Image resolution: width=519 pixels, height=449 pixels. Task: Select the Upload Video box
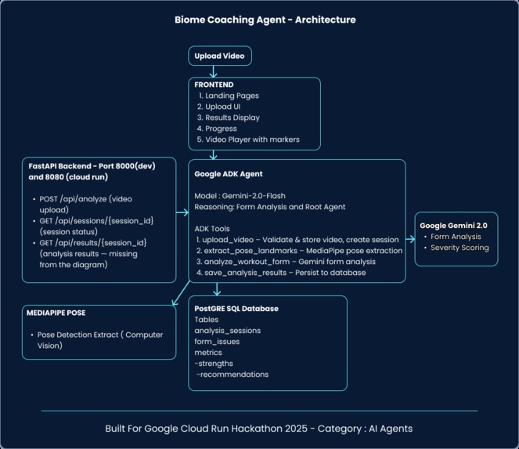220,56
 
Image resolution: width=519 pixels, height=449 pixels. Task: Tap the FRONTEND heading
214,85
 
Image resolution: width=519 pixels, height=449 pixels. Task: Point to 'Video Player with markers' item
252,139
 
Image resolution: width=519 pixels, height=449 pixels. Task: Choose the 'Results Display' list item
232,118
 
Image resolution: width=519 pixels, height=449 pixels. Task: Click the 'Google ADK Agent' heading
229,174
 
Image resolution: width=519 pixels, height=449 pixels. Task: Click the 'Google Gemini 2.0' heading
456,225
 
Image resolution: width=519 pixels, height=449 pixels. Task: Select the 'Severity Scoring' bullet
460,248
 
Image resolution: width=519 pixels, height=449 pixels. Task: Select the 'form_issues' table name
218,342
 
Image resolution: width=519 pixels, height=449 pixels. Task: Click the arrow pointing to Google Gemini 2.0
410,237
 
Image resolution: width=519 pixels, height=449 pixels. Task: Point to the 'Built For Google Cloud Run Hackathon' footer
259,429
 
